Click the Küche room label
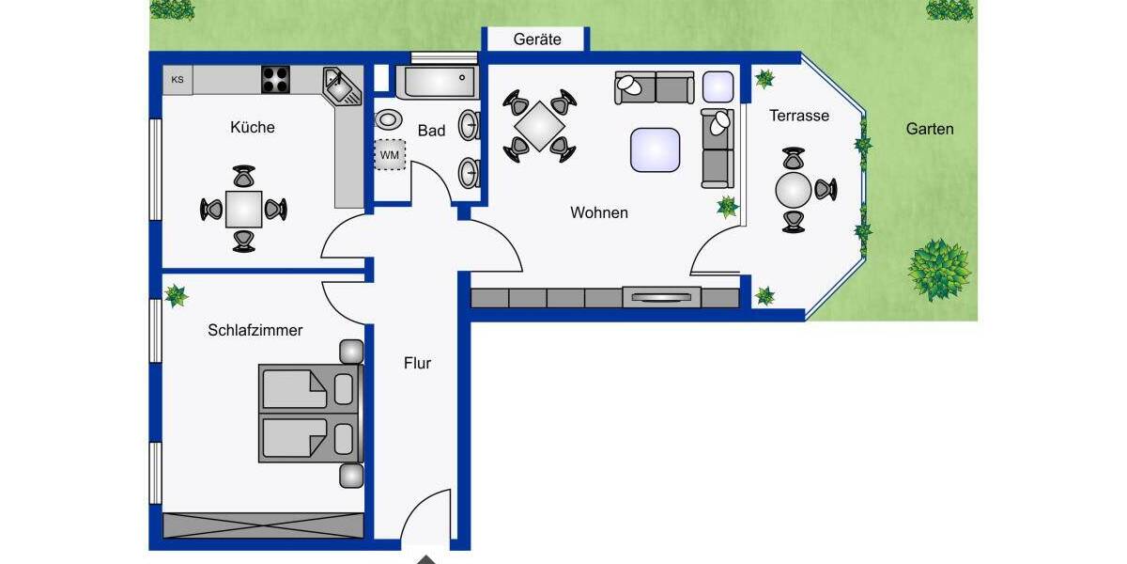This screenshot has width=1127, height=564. click(x=253, y=127)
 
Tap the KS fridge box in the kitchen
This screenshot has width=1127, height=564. click(x=178, y=80)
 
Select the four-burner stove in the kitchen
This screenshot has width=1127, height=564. click(x=275, y=80)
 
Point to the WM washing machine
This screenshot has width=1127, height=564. click(x=390, y=154)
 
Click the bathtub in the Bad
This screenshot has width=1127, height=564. click(x=436, y=83)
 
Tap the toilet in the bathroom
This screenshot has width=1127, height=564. click(x=387, y=120)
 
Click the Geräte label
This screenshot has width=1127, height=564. click(x=537, y=39)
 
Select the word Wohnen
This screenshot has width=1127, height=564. click(x=599, y=213)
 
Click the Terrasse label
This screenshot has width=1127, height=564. click(x=799, y=116)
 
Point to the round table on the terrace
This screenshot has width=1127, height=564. click(x=794, y=190)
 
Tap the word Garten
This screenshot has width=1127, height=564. click(x=930, y=129)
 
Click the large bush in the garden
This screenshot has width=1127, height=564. click(x=938, y=269)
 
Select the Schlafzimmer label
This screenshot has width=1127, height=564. click(x=255, y=330)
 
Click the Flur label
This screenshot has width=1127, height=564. click(x=417, y=363)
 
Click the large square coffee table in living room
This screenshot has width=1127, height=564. click(x=656, y=149)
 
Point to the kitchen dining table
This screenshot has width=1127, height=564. click(x=244, y=209)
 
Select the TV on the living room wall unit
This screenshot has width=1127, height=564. click(x=662, y=298)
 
